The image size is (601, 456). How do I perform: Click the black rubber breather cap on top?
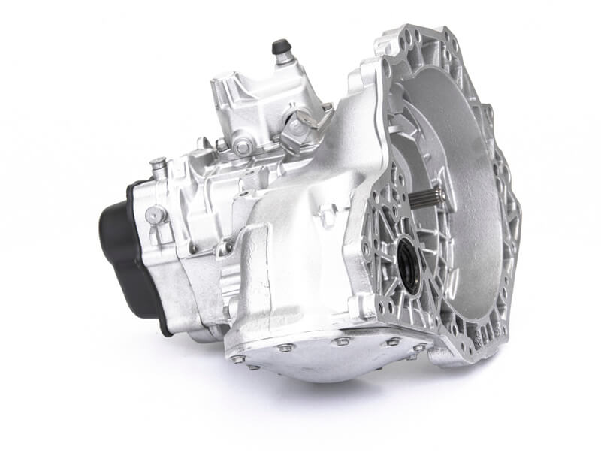click(282, 46)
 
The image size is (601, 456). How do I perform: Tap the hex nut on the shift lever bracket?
click(301, 120)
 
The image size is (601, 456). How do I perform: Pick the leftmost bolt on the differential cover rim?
click(238, 358)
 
